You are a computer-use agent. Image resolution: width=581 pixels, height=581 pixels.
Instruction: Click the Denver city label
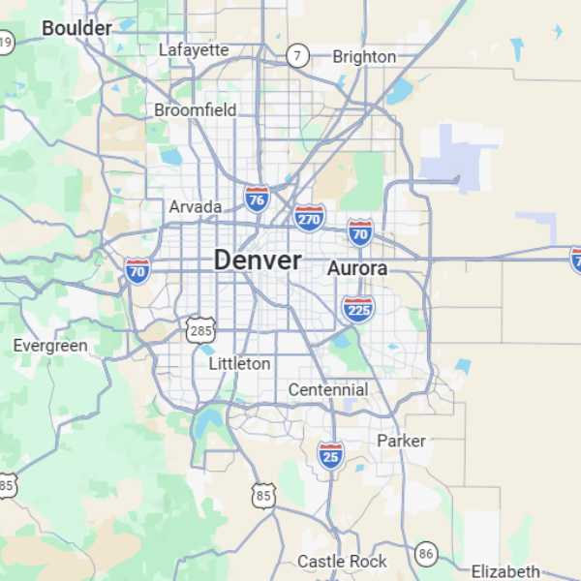[x=257, y=260]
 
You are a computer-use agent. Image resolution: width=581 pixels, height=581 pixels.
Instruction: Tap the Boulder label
[x=76, y=29]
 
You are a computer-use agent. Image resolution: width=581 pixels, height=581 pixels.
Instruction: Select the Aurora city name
[x=357, y=268]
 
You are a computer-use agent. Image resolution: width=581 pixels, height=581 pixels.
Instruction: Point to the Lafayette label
[x=194, y=49]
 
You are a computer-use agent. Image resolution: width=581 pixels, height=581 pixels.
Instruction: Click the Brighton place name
[x=364, y=56]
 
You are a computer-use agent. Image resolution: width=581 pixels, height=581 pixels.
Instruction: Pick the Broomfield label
[x=195, y=110]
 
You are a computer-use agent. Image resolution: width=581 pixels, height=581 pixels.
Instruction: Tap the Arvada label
[x=196, y=206]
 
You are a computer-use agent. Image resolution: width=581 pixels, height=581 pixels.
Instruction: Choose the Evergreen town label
[x=50, y=346]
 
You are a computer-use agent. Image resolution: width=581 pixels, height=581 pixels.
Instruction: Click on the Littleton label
[x=240, y=364]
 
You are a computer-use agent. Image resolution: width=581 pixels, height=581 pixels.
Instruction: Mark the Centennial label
[x=328, y=389]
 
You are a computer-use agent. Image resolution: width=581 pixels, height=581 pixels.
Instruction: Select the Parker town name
[x=401, y=441]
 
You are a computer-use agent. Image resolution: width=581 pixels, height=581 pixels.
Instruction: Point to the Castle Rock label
[x=342, y=562]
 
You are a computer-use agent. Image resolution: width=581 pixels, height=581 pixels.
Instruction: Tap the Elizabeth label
[x=505, y=571]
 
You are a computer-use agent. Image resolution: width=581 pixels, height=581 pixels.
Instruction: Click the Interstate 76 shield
[x=257, y=199]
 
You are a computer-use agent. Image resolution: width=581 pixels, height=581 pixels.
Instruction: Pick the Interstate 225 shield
[x=357, y=309]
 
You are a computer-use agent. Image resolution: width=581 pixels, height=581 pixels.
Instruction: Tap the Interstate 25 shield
[x=331, y=454]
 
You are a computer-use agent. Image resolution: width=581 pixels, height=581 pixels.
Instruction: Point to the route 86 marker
[x=426, y=554]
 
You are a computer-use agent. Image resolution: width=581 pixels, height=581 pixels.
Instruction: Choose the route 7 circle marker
[x=297, y=56]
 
